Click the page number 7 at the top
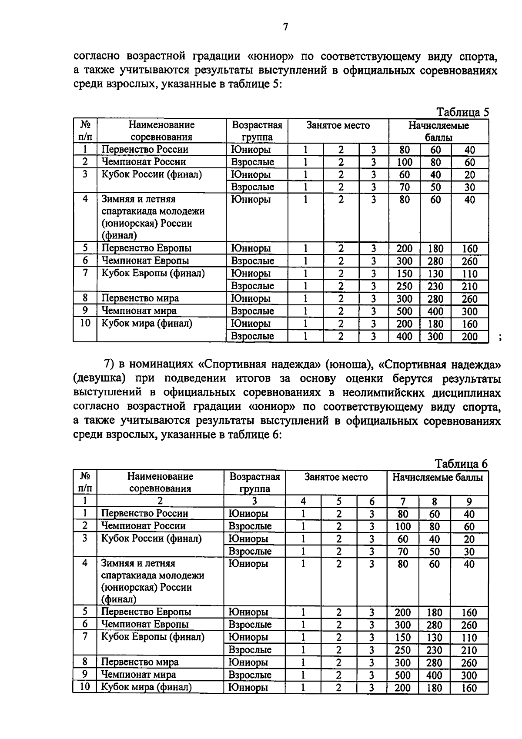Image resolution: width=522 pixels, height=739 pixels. point(285,27)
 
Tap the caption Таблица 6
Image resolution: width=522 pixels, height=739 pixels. point(461,464)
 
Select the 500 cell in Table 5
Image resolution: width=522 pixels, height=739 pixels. point(405,311)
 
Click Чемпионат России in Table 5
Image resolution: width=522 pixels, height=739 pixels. point(144,162)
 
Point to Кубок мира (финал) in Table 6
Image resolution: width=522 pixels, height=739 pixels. point(146,687)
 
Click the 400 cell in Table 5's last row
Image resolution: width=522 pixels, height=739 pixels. point(405,336)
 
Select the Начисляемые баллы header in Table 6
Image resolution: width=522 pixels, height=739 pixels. point(437,477)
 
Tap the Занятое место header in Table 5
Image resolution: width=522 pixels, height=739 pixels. point(338,126)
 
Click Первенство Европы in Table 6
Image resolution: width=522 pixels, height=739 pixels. point(146,612)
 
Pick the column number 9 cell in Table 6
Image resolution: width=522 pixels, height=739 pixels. point(469,502)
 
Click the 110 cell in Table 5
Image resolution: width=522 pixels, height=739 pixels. point(470,274)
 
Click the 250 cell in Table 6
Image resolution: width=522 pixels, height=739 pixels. point(403,650)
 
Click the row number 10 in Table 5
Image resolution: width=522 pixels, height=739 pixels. point(85,323)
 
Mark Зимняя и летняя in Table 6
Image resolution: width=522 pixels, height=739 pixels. point(138,563)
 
